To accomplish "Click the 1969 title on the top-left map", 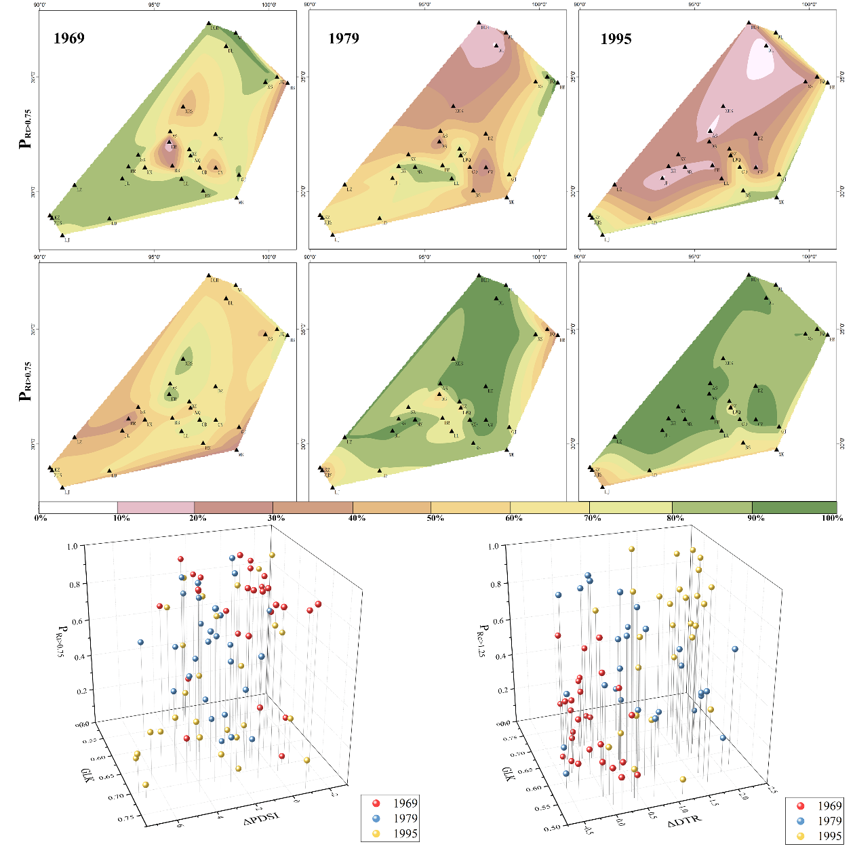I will point(69,38).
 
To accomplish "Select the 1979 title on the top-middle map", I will point(344,38).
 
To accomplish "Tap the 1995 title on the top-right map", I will point(616,39).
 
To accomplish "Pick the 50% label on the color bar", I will point(435,518).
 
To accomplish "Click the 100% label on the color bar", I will point(831,518).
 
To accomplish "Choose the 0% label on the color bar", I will point(41,518).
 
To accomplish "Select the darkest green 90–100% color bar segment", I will point(794,507).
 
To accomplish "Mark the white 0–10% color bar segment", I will point(78,507).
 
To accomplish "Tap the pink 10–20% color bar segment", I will point(155,507).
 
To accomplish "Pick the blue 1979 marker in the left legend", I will point(374,818).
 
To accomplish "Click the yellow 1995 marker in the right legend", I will point(800,835).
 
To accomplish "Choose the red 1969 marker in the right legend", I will point(800,806).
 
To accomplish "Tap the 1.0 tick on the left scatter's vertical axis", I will point(73,546).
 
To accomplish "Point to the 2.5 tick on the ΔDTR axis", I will point(771,788).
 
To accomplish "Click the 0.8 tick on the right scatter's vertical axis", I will point(496,584).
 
